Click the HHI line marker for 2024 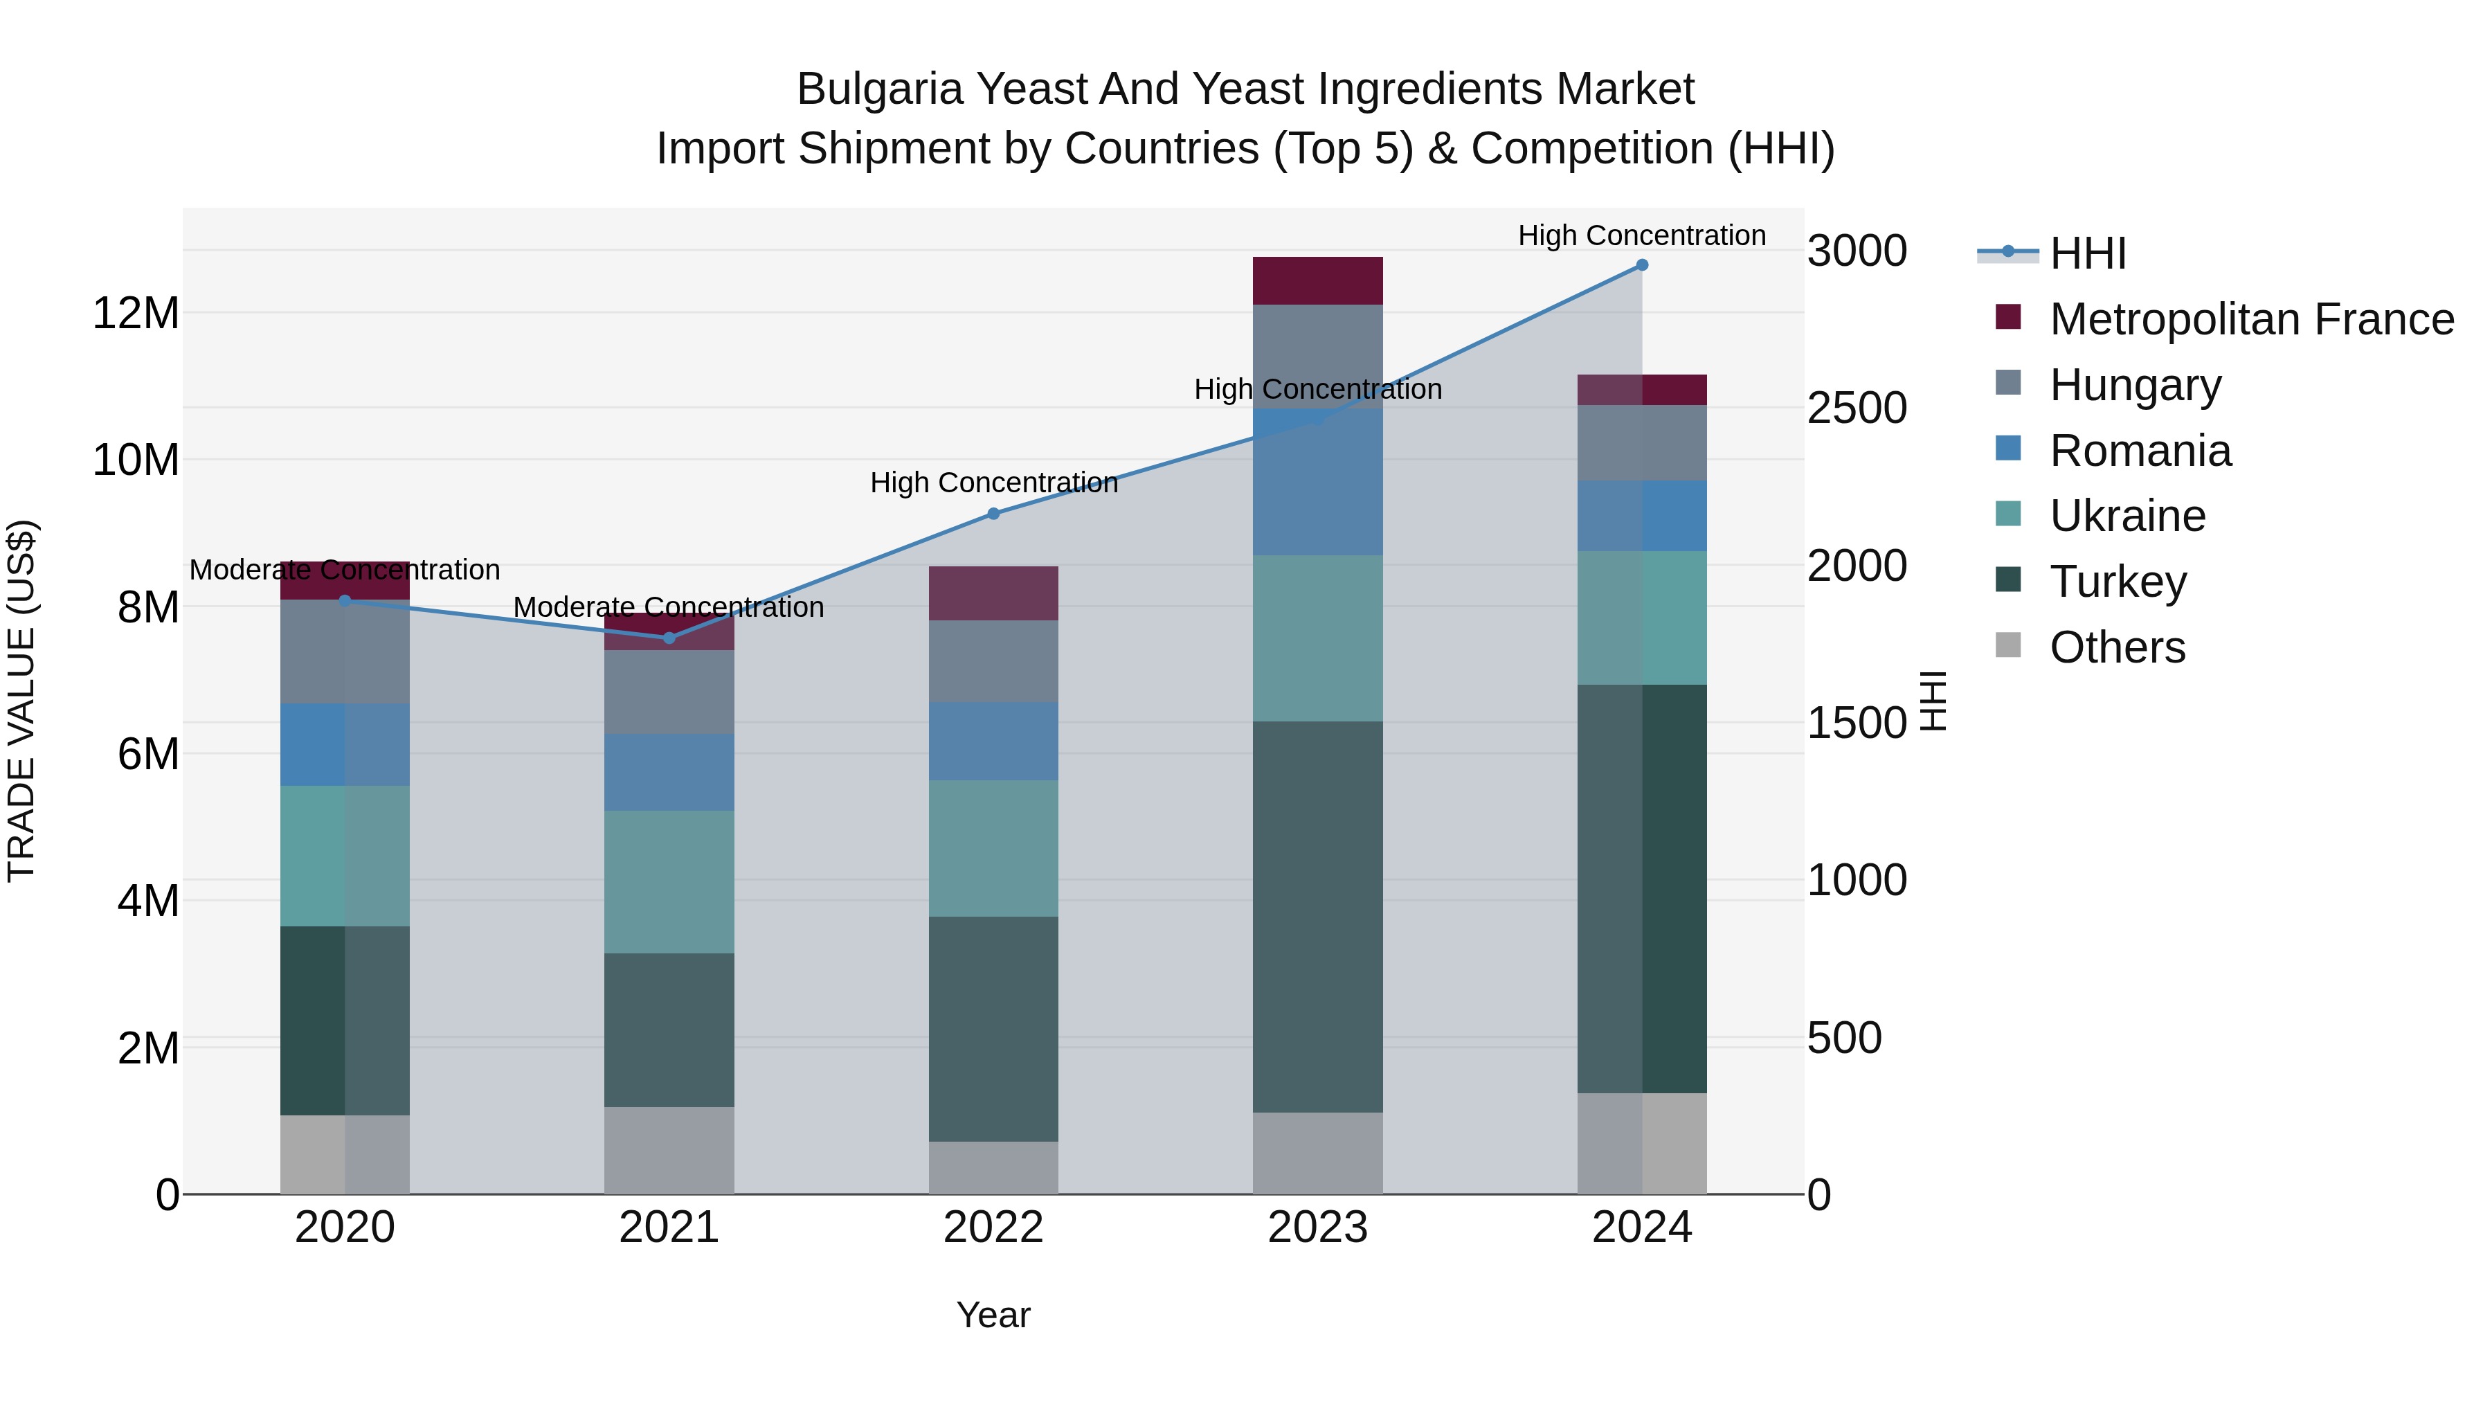[1642, 265]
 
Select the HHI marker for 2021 [669, 638]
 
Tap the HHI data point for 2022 [993, 514]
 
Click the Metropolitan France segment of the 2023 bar [1317, 280]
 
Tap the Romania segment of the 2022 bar [993, 741]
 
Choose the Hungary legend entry [2135, 385]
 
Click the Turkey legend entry [2118, 582]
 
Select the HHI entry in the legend [2088, 253]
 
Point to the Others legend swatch [2008, 645]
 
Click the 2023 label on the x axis [1317, 1228]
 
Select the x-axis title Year [993, 1315]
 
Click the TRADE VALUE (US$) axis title [21, 701]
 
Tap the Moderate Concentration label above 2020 [345, 570]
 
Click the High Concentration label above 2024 [1642, 235]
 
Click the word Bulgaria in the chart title [879, 89]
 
